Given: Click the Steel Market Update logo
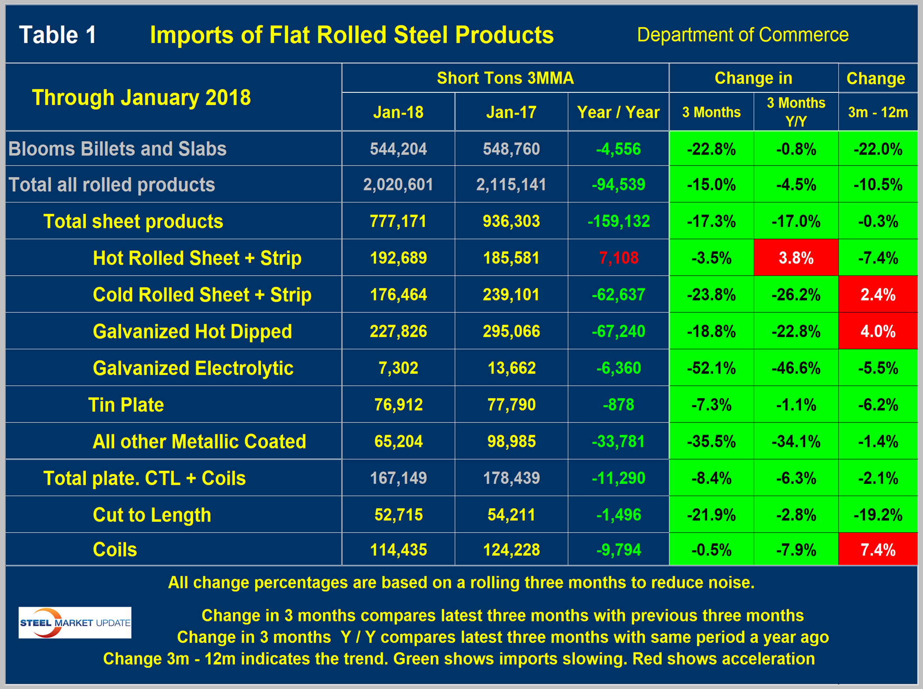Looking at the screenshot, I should tap(75, 622).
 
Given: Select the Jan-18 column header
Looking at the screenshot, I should tap(398, 112).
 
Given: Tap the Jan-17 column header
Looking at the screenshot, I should tap(511, 112).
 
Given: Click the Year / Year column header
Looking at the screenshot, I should tap(618, 112).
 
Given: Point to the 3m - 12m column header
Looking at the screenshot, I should tap(878, 112).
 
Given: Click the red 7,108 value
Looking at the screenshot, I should tap(618, 258).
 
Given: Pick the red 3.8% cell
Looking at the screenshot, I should tap(796, 258).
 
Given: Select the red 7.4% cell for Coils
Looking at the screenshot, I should tap(878, 550).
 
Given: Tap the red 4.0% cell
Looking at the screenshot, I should tap(878, 331).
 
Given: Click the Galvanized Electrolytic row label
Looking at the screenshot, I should tap(193, 368).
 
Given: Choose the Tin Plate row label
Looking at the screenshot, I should tap(126, 405).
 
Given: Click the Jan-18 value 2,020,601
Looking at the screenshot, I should tap(398, 185).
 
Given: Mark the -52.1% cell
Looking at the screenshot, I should tap(711, 368).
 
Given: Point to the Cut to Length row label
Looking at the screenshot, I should tap(152, 515).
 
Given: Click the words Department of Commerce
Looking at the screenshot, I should tap(742, 35).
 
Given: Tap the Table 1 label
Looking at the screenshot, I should tap(57, 35).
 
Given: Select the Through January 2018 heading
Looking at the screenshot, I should tap(141, 97).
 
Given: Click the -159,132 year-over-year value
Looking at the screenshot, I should tap(618, 221).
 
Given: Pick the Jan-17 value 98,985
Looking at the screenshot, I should tap(511, 441).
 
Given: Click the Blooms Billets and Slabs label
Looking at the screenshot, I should tap(118, 149).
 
